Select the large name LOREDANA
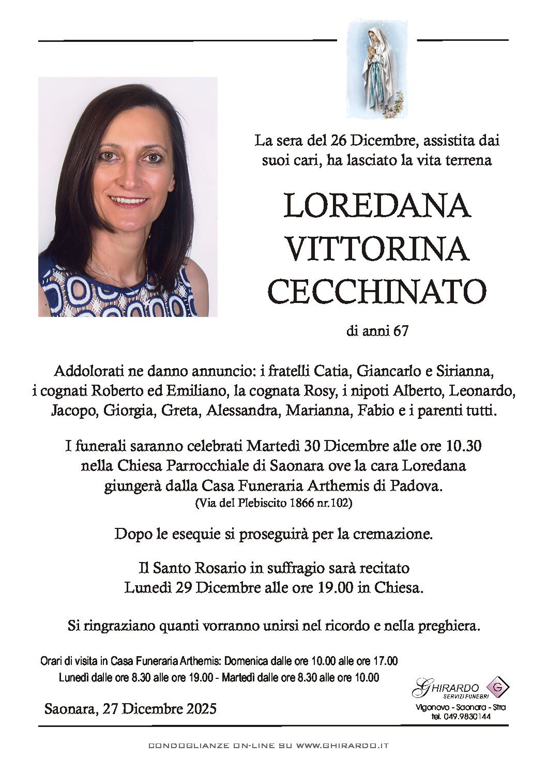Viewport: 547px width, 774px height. (x=377, y=206)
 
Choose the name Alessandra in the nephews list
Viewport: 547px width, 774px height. (x=243, y=411)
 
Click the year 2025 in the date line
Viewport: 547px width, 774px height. (x=200, y=708)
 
